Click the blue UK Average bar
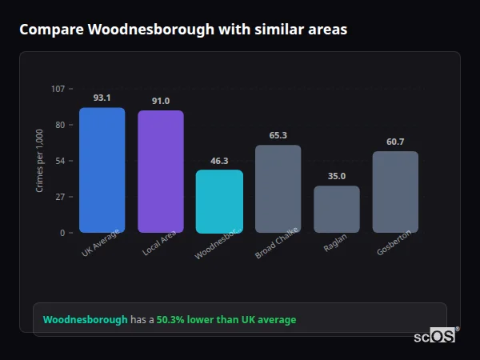coord(102,170)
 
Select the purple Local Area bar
coord(161,172)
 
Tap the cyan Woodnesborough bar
coord(219,202)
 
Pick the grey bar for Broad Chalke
coord(278,189)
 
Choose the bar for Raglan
coord(337,210)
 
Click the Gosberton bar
coord(395,192)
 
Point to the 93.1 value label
coord(102,98)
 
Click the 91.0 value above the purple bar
coord(161,101)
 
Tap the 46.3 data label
coord(219,161)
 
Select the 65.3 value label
coord(278,135)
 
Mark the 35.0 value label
coord(337,176)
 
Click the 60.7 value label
coord(395,142)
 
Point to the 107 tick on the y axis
coord(58,89)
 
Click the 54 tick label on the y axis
coord(60,161)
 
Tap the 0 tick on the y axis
coord(62,233)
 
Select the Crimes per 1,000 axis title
coord(40,160)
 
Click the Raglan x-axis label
coord(335,244)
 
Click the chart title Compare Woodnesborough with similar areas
coord(183,30)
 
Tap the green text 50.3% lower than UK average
coord(226,320)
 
